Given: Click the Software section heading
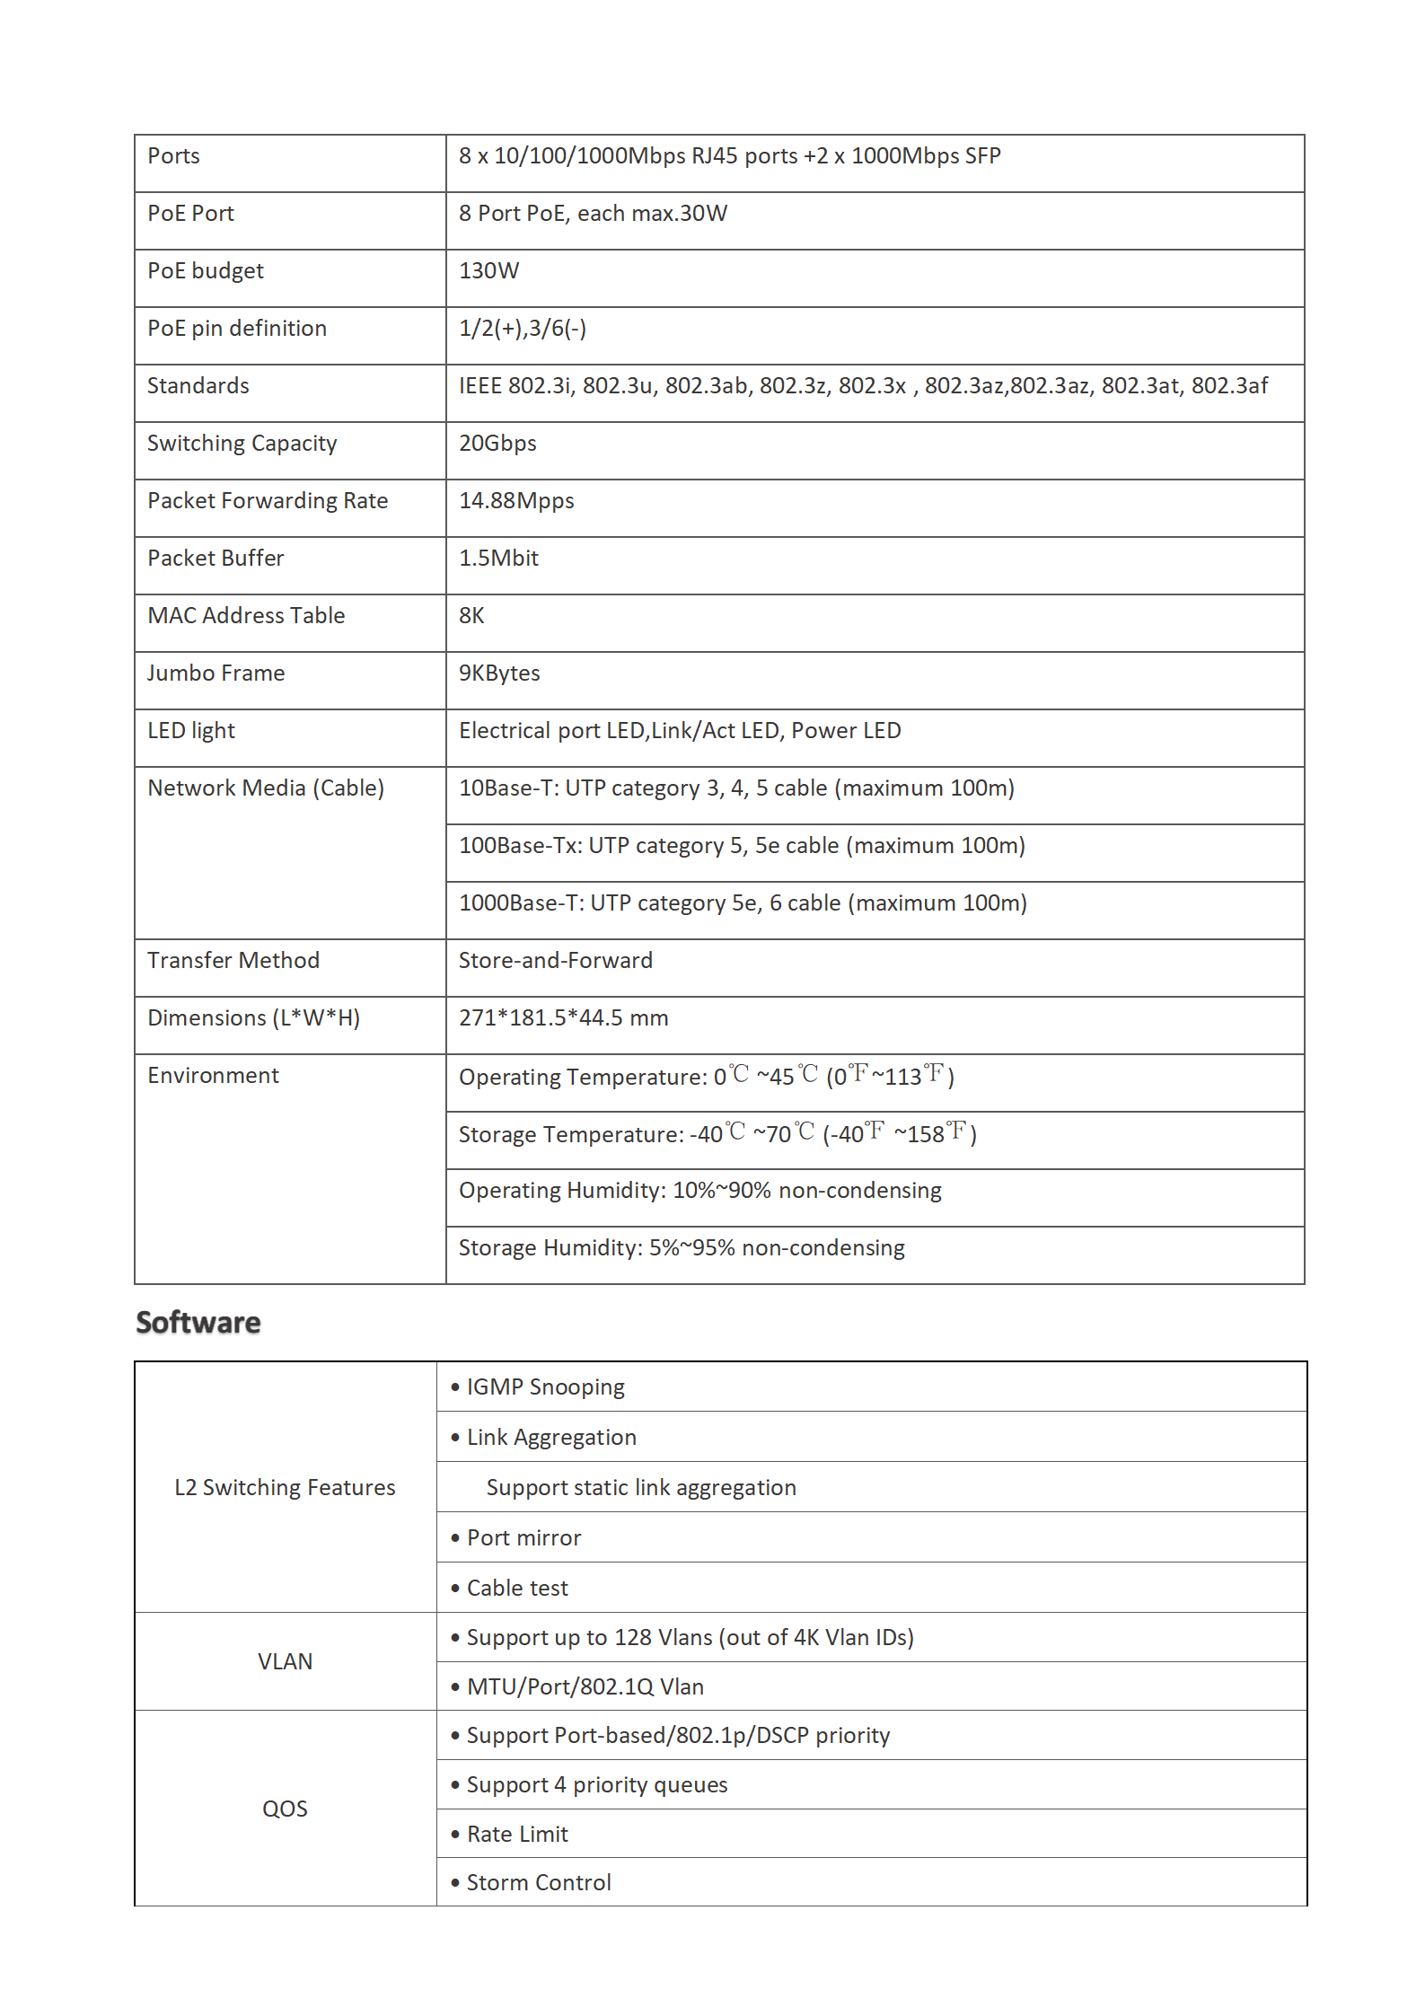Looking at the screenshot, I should click(198, 1323).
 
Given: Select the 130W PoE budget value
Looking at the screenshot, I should click(489, 271).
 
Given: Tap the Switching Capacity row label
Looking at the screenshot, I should click(242, 444).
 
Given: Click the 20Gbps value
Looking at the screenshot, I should click(497, 444).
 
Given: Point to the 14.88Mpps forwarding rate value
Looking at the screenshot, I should click(516, 501).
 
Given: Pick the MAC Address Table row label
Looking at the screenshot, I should click(246, 616).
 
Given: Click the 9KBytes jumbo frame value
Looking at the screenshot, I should click(499, 673).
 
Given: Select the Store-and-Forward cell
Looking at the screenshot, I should click(556, 961).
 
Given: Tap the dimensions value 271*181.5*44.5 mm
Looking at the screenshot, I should click(564, 1018).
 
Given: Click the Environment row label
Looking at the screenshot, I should click(214, 1076).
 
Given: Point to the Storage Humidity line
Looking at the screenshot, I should click(682, 1248).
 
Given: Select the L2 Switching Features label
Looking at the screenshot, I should click(285, 1488).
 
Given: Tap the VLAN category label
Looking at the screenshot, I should click(285, 1662).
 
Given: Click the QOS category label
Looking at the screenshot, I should click(285, 1809).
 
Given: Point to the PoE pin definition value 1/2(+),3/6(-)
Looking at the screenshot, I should click(523, 329).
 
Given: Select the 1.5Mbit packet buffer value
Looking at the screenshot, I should click(498, 559).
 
